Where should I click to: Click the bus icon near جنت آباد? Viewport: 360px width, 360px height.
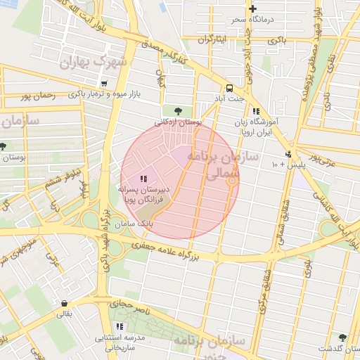click(x=230, y=88)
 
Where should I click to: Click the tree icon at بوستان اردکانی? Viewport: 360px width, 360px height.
click(x=177, y=110)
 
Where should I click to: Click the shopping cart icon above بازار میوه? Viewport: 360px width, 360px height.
click(x=104, y=83)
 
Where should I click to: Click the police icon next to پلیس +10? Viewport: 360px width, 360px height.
click(x=288, y=154)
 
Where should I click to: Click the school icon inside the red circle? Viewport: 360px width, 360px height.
click(x=144, y=179)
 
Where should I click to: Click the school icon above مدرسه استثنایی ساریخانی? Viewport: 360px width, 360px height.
click(x=120, y=326)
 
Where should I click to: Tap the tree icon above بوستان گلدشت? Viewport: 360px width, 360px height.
click(x=342, y=337)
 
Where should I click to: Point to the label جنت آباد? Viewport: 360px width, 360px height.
click(x=230, y=98)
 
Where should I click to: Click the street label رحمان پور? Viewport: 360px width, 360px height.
click(x=38, y=95)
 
